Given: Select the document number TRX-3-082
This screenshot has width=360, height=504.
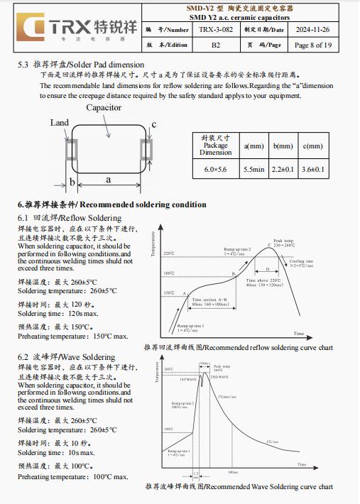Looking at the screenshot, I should pyautogui.click(x=216, y=30).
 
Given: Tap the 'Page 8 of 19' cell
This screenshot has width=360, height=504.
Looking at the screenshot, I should pyautogui.click(x=312, y=45).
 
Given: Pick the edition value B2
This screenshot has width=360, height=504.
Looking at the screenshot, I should pyautogui.click(x=216, y=45).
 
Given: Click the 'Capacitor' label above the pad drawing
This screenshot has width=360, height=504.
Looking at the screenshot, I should pyautogui.click(x=104, y=108).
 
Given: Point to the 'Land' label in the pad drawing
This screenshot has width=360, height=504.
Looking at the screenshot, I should pyautogui.click(x=60, y=123).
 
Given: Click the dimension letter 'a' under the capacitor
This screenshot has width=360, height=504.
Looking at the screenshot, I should pyautogui.click(x=109, y=180).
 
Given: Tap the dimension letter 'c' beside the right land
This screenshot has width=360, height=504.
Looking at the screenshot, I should pyautogui.click(x=153, y=124).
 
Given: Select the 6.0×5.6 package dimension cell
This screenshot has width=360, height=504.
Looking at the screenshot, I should pyautogui.click(x=215, y=169).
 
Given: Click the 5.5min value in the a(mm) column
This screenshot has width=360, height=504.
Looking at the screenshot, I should pyautogui.click(x=253, y=169).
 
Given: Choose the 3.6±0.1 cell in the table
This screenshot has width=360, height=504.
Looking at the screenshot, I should pyautogui.click(x=313, y=169).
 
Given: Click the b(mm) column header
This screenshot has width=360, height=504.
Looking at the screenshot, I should pyautogui.click(x=283, y=146).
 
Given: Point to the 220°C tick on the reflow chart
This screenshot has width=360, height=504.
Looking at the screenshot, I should pyautogui.click(x=168, y=253).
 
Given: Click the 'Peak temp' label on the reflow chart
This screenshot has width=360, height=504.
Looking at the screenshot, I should pyautogui.click(x=283, y=241).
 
